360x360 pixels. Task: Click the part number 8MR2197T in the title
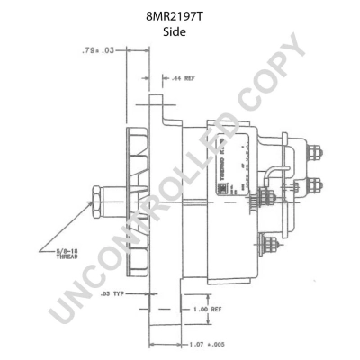180,15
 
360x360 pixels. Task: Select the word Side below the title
180,32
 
